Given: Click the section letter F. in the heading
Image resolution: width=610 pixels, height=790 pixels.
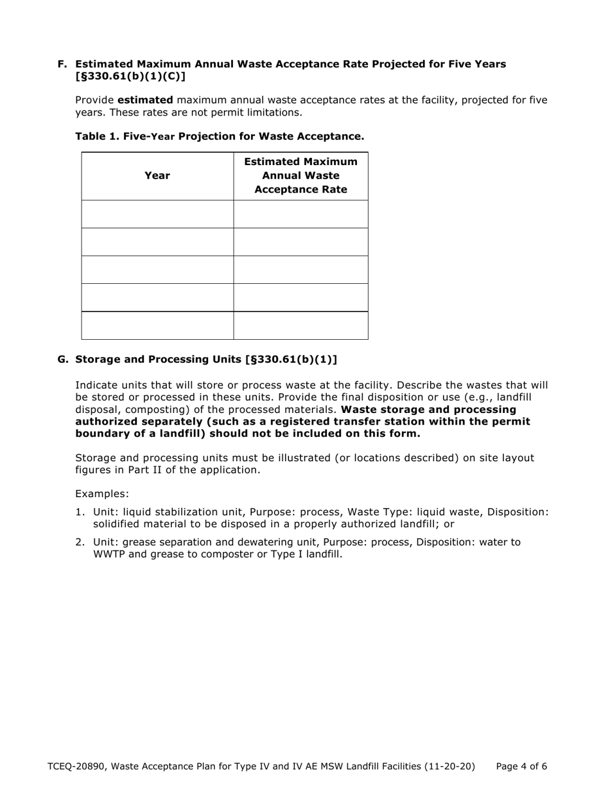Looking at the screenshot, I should click(62, 64).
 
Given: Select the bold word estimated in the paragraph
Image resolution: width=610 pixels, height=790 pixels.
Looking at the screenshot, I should click(145, 100).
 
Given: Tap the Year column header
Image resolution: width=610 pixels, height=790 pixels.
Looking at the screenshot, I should click(157, 176).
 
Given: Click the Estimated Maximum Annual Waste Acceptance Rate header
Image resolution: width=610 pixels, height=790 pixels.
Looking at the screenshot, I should click(301, 176).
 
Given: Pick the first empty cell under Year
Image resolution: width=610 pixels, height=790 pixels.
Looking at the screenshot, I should click(157, 214).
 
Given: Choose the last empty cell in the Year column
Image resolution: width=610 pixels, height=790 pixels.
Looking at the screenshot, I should click(157, 326).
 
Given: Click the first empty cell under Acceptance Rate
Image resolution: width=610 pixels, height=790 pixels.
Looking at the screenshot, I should click(301, 214).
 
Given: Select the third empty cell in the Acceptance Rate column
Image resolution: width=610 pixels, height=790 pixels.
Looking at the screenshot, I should click(301, 270).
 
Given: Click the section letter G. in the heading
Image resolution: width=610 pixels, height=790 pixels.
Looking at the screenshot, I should click(63, 360).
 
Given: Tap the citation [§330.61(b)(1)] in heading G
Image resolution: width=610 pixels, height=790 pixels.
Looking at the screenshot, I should click(291, 360).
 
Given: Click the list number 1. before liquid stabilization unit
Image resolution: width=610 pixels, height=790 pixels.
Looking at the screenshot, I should click(80, 512).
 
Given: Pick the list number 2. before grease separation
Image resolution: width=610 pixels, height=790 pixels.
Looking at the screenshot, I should click(80, 542).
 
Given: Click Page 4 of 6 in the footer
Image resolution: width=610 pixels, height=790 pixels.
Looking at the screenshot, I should click(521, 766).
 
